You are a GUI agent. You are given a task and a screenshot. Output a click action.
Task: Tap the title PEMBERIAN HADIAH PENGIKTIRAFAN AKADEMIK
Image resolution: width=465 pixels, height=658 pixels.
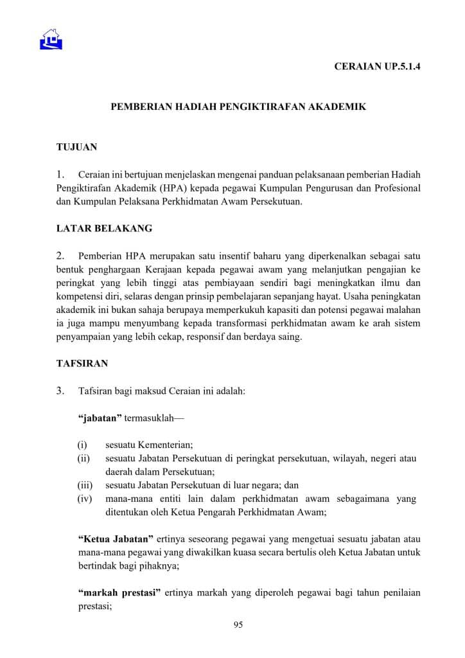pos(238,107)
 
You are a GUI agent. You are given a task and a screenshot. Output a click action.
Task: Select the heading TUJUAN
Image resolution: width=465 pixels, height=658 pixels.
pos(76,147)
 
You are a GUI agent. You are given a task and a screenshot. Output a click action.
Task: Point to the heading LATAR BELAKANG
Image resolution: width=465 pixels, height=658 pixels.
pos(104,229)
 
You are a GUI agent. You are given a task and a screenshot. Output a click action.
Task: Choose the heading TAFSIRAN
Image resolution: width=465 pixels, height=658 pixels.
pos(82,363)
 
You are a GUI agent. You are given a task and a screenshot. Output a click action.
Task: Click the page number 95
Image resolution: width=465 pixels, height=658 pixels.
pos(238,625)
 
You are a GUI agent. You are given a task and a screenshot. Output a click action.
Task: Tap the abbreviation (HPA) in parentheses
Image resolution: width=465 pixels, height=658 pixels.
pos(176,188)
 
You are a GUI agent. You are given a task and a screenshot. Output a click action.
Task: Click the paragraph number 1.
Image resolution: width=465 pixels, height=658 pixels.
pos(61,174)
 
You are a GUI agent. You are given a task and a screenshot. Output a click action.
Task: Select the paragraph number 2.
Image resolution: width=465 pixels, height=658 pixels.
pos(61,256)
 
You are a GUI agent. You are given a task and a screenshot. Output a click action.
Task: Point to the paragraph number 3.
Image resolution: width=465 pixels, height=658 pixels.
pos(61,390)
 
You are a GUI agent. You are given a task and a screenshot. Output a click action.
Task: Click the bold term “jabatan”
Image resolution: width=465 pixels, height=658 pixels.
pos(100,418)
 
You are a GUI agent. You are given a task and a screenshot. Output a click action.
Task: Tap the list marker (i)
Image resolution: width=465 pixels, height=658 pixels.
pos(82,445)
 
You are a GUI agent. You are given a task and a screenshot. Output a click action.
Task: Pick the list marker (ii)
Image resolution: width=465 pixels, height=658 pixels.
pos(83,458)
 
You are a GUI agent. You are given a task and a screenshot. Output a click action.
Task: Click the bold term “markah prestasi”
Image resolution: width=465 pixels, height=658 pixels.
pos(119,592)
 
